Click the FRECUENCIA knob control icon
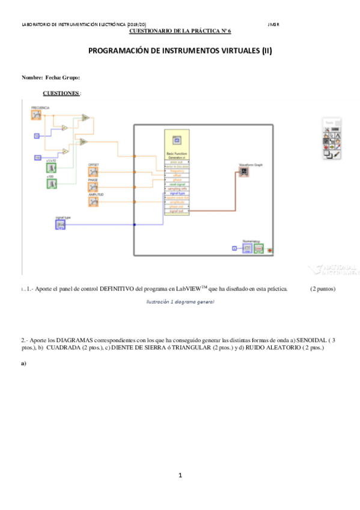(37, 115)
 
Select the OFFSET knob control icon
(93, 170)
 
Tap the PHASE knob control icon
(93, 185)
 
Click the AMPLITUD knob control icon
(93, 201)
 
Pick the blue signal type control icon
(60, 224)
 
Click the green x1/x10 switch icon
(52, 168)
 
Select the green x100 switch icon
(52, 183)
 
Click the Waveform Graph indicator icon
(244, 171)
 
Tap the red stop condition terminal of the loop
(270, 249)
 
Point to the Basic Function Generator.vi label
(177, 155)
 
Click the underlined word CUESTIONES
(61, 93)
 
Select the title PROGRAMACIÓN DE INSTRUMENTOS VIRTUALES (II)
(180, 51)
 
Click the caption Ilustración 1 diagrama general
(180, 301)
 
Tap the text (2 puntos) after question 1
(323, 289)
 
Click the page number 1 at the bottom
(180, 476)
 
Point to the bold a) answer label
(23, 363)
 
